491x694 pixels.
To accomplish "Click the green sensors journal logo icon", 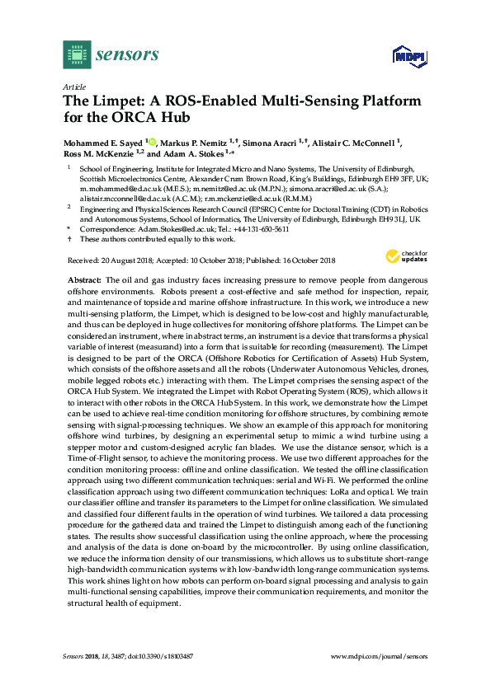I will pyautogui.click(x=77, y=55).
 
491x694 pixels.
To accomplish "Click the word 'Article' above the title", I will pyautogui.click(x=73, y=86).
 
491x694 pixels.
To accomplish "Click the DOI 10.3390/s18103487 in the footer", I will pyautogui.click(x=164, y=656).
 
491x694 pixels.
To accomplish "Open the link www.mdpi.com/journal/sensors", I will pyautogui.click(x=380, y=656).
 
